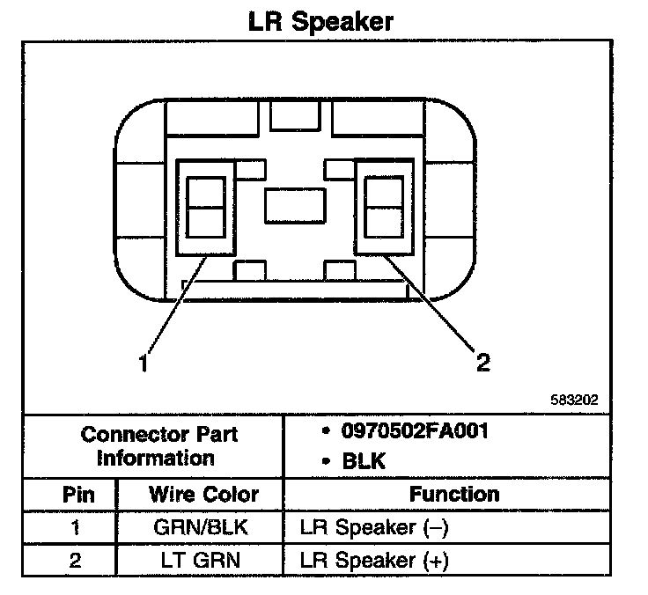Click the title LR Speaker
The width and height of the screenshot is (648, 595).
(320, 20)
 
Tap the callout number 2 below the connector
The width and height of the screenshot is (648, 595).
(483, 362)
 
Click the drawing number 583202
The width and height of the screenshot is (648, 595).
(574, 399)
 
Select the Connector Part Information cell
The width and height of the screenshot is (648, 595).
(159, 446)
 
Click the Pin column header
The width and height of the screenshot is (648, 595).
(75, 495)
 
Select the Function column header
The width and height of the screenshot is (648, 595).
(454, 495)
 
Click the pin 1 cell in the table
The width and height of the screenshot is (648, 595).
(75, 529)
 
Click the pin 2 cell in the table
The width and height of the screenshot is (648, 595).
(75, 561)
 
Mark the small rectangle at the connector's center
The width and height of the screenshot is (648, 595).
(295, 208)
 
